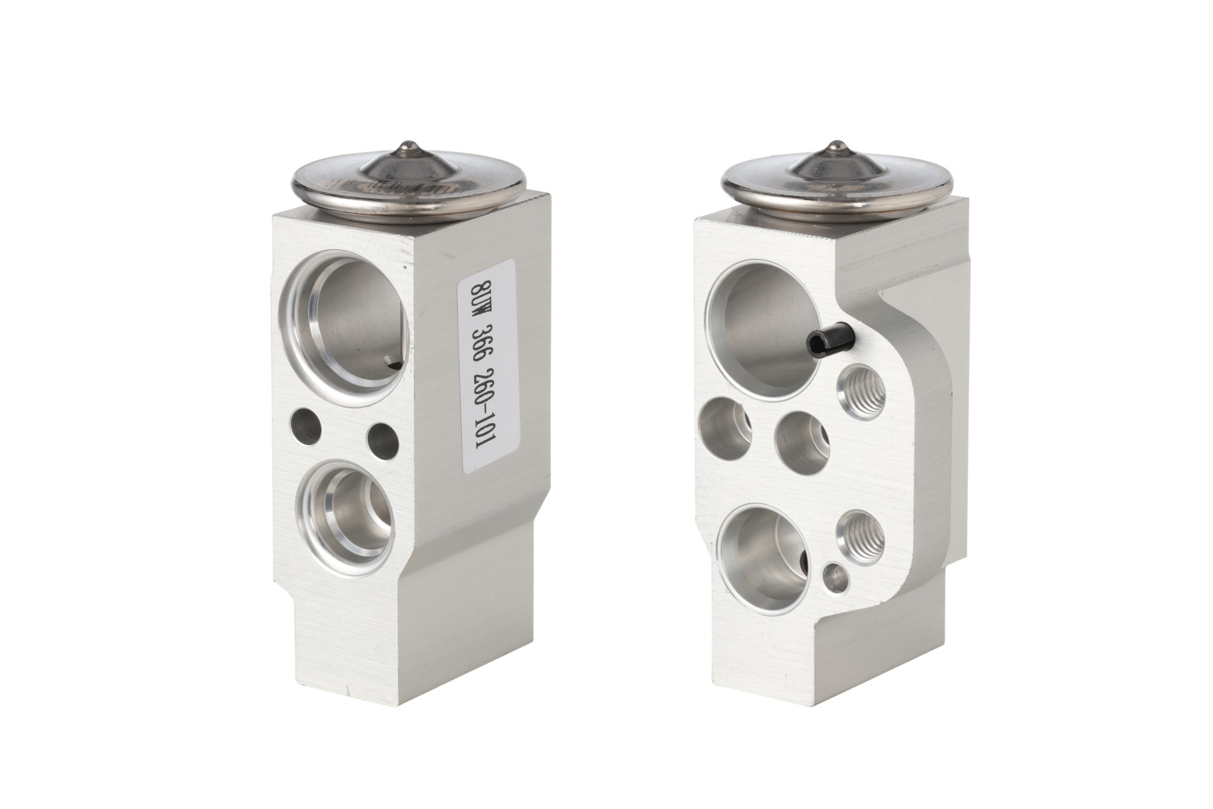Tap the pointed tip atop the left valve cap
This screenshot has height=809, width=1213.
(x=408, y=143)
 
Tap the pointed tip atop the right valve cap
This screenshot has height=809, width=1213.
(x=837, y=143)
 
